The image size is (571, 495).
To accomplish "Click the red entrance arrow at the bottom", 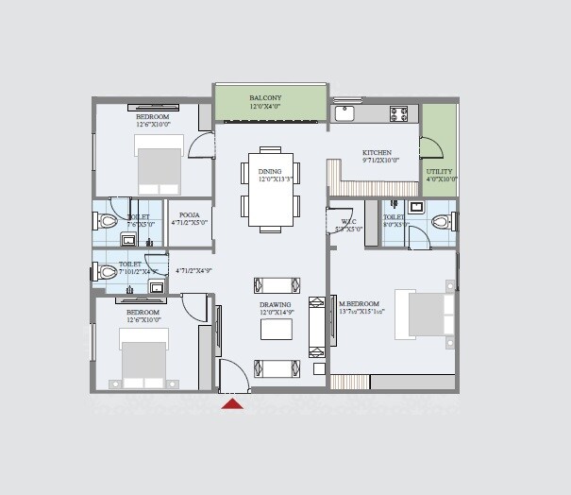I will click(x=232, y=404).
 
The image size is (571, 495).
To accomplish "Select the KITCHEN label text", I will click(x=377, y=152).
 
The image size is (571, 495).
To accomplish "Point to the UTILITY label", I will click(x=441, y=171).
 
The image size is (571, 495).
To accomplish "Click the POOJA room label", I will click(x=189, y=214).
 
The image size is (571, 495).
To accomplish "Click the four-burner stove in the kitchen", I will click(x=399, y=113).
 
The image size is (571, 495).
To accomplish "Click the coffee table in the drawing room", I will click(x=276, y=329).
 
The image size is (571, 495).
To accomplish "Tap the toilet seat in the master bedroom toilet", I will click(x=438, y=222).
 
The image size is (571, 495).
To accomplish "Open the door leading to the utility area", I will click(x=429, y=147).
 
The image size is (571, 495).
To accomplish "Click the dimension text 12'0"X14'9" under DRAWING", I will click(x=276, y=314).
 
